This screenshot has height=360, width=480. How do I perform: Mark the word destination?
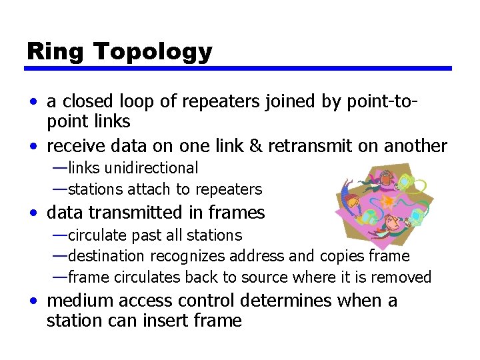pyautogui.click(x=106, y=256)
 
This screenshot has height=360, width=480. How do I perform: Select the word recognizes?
pyautogui.click(x=190, y=256)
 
